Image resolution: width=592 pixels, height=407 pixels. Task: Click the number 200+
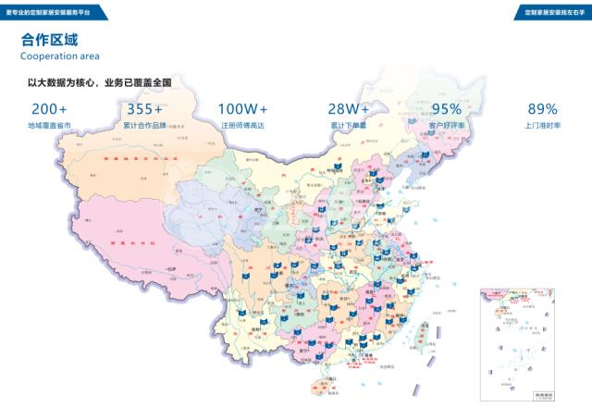pyautogui.click(x=49, y=108)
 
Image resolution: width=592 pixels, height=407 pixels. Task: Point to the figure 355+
pyautogui.click(x=144, y=108)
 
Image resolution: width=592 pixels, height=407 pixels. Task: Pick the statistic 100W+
pyautogui.click(x=243, y=108)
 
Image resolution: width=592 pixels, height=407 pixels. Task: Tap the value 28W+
pyautogui.click(x=349, y=108)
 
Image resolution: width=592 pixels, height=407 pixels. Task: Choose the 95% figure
pyautogui.click(x=446, y=108)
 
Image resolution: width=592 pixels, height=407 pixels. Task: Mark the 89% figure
pyautogui.click(x=542, y=108)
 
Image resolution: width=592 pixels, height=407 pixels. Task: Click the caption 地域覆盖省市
pyautogui.click(x=49, y=125)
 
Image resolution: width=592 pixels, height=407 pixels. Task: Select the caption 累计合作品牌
pyautogui.click(x=144, y=125)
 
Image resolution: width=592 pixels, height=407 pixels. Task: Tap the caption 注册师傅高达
pyautogui.click(x=243, y=125)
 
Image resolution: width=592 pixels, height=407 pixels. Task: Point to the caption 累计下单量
pyautogui.click(x=349, y=125)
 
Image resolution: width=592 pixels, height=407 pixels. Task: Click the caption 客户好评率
pyautogui.click(x=446, y=125)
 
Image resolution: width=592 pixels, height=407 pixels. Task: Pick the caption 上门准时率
pyautogui.click(x=542, y=125)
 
